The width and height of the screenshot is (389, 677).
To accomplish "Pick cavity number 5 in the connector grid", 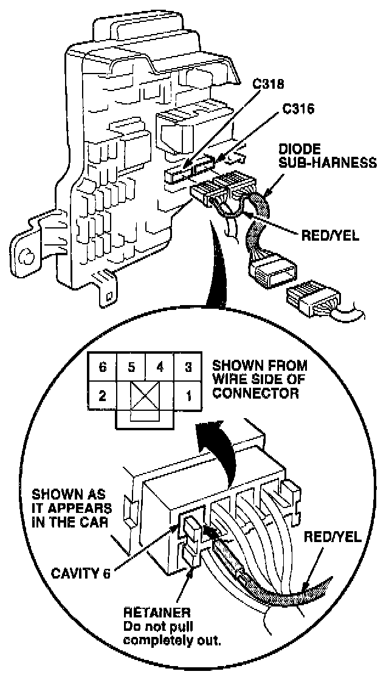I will click(130, 368).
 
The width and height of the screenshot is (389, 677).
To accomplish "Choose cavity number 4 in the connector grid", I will click(160, 368).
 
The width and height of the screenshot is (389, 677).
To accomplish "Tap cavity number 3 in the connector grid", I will click(188, 368).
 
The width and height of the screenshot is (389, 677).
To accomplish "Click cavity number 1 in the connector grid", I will click(188, 397).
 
